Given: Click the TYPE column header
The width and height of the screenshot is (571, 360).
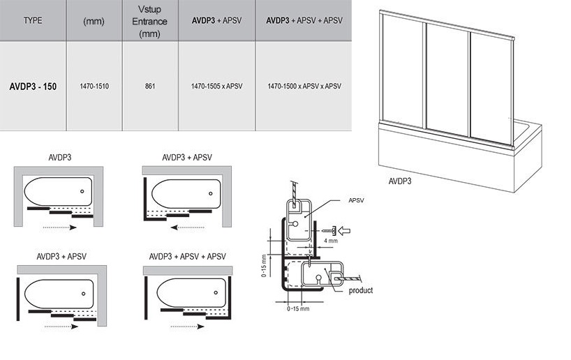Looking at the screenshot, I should point(33,21).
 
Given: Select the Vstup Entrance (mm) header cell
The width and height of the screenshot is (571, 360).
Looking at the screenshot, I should point(150,21).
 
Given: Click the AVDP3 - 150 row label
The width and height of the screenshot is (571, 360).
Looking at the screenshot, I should point(34,87).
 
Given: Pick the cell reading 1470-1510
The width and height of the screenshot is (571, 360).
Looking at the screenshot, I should point(94,87).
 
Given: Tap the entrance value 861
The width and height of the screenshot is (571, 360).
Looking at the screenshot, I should point(150,87).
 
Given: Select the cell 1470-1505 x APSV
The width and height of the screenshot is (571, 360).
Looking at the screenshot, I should point(216,87).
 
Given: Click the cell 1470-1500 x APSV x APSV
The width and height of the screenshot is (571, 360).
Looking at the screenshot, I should point(304,87).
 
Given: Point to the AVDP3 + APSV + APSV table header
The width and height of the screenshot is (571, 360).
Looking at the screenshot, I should point(304,21).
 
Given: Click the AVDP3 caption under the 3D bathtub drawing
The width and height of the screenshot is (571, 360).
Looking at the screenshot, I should point(399,181).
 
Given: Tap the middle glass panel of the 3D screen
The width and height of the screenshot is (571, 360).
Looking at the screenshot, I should point(447,80).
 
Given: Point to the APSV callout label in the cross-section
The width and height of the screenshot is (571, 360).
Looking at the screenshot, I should point(356,200).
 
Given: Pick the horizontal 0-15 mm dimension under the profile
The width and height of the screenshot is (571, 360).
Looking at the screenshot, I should point(297,308).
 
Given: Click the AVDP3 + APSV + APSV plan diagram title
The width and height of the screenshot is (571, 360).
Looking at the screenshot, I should point(184,256).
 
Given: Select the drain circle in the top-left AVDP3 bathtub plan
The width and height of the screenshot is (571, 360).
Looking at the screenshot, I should point(82,191).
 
